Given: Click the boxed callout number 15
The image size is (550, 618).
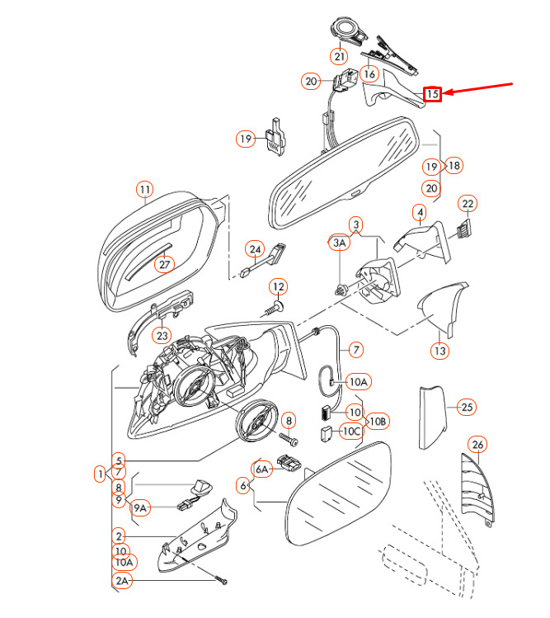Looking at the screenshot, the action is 432,94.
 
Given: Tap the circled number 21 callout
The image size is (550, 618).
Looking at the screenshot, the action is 339,56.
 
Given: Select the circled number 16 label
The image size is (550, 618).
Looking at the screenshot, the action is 369,73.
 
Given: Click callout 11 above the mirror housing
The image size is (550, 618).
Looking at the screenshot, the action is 145,190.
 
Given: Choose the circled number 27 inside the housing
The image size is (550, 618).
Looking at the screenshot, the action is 164,264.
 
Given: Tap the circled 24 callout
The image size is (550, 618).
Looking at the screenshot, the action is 255,249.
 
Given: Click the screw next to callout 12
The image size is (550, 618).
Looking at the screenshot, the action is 272,309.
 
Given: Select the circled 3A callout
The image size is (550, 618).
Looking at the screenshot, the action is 339,243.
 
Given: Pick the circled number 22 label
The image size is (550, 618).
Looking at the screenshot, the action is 468,204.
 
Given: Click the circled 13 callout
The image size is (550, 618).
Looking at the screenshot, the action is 440,351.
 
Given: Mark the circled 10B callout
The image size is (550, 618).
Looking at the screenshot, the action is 378,422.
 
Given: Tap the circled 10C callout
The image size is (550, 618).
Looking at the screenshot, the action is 351,432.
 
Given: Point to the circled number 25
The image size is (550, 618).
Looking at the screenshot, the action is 467,407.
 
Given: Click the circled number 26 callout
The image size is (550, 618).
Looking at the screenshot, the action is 477,445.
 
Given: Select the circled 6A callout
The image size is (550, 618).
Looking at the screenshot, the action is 262,469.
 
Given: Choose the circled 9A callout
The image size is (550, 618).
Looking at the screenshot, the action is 140,508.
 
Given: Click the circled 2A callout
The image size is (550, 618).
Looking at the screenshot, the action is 122,581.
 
